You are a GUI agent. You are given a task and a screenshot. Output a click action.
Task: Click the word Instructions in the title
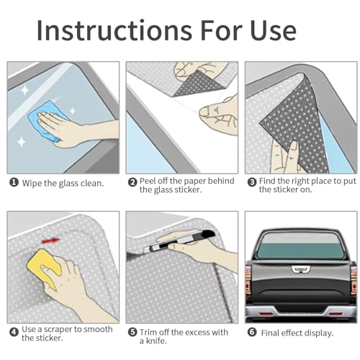(x=114, y=30)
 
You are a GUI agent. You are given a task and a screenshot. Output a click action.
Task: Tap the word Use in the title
(x=273, y=30)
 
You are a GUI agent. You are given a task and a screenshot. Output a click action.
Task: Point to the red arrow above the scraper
(x=50, y=240)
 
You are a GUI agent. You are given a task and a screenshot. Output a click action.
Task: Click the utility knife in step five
(x=179, y=240)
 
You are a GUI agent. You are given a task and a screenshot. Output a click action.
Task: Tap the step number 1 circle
(x=14, y=183)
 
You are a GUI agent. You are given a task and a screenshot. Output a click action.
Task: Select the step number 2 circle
(x=132, y=182)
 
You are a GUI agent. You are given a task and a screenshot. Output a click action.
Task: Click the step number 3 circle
(x=252, y=182)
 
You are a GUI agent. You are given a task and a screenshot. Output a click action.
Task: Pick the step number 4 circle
(x=14, y=332)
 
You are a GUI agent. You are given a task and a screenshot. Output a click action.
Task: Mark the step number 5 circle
(x=132, y=332)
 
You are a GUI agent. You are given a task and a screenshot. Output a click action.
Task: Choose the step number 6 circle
(x=252, y=332)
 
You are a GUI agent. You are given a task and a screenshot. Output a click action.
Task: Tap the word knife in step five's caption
(x=156, y=341)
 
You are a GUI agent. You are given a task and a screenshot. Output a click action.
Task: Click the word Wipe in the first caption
(x=32, y=183)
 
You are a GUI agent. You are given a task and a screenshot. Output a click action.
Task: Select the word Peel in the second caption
(x=148, y=181)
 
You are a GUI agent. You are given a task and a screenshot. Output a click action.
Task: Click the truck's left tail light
(x=248, y=279)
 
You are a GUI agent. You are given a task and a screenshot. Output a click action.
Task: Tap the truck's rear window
(x=300, y=246)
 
